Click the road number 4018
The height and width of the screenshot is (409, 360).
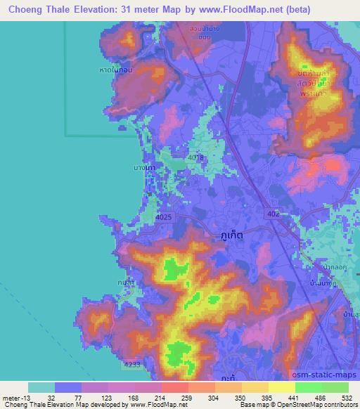click(x=196, y=158)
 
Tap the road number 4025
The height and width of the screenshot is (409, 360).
click(x=162, y=218)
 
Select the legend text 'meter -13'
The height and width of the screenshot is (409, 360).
click(x=18, y=398)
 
